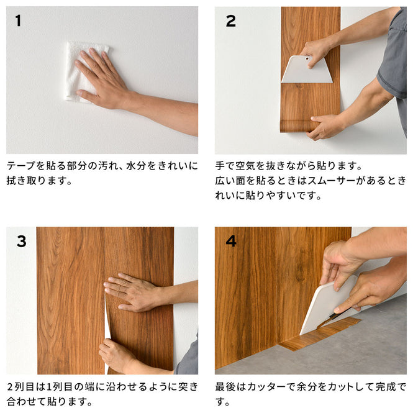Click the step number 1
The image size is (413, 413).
tap(18, 21)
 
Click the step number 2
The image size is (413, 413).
tap(230, 21)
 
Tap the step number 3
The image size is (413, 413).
tap(21, 241)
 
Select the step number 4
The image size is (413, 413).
tap(231, 241)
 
